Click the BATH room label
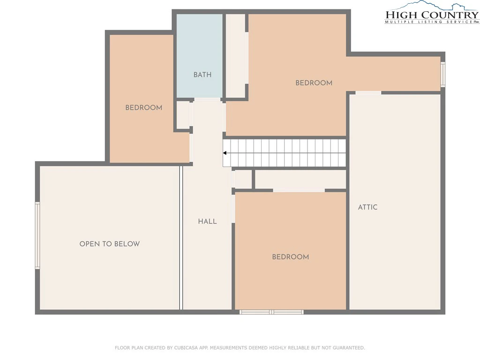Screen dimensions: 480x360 pyautogui.click(x=202, y=75)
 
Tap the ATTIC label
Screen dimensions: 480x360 pyautogui.click(x=367, y=207)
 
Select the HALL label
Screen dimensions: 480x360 pyautogui.click(x=207, y=221)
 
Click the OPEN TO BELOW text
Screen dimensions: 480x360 pyautogui.click(x=110, y=244)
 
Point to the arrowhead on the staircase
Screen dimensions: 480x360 pyautogui.click(x=225, y=153)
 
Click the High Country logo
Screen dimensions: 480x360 pyautogui.click(x=432, y=12)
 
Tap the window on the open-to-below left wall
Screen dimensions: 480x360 pyautogui.click(x=37, y=235)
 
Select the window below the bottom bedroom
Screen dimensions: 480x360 pyautogui.click(x=271, y=312)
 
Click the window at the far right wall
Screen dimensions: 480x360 pyautogui.click(x=442, y=75)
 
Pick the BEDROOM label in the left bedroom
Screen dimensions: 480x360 pyautogui.click(x=143, y=108)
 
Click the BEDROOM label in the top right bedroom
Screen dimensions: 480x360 pyautogui.click(x=314, y=83)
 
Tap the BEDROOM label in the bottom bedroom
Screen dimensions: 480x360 pyautogui.click(x=291, y=257)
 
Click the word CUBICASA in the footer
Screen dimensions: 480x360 pyautogui.click(x=187, y=348)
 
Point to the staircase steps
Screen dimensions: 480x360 pyautogui.click(x=285, y=153)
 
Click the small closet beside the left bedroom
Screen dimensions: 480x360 pyautogui.click(x=183, y=115)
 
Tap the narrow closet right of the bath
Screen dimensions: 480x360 pyautogui.click(x=235, y=56)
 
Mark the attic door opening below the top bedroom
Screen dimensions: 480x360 pyautogui.click(x=368, y=93)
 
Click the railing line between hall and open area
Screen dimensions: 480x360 pyautogui.click(x=181, y=238)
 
